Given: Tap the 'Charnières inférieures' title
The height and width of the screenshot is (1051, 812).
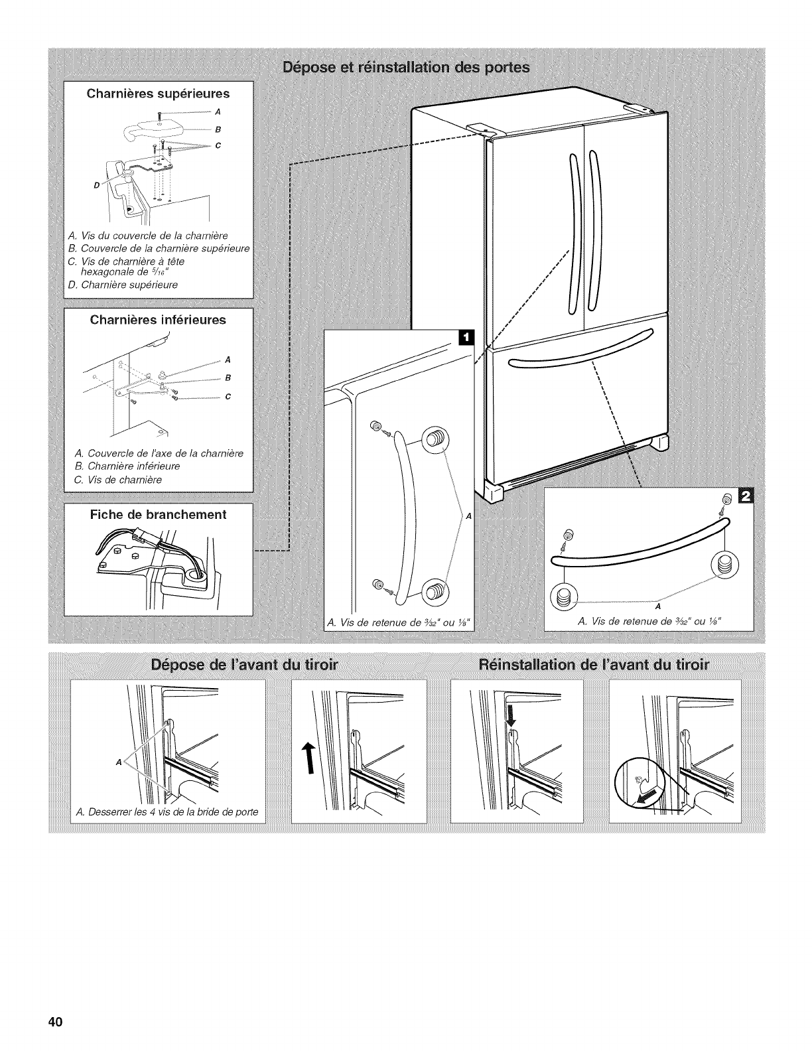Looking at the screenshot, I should (158, 320).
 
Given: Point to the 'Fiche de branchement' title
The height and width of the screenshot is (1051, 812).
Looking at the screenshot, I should (158, 514).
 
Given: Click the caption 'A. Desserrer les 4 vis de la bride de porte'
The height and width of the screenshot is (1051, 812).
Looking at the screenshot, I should (167, 812).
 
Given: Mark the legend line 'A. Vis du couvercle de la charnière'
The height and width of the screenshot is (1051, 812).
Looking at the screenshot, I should (139, 236).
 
